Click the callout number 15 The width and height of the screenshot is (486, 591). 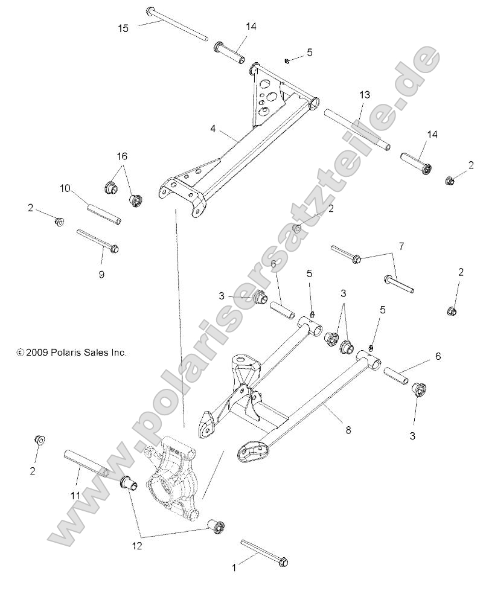click(123, 28)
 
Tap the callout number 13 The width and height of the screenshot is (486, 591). click(365, 95)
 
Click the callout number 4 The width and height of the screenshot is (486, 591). click(213, 129)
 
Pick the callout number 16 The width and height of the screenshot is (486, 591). click(122, 156)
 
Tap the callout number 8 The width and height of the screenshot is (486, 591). click(348, 430)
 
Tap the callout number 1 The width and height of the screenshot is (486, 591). click(234, 567)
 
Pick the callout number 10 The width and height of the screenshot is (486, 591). click(65, 188)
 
